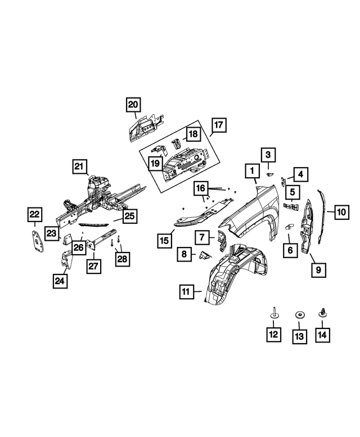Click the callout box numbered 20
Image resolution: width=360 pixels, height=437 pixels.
point(133,105)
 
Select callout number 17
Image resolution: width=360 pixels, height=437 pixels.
point(218,125)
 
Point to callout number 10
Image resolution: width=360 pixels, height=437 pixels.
point(341,212)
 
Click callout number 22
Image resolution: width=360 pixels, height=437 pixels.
point(35,214)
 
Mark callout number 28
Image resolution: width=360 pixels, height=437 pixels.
point(122,258)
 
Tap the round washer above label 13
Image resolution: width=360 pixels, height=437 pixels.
point(299,316)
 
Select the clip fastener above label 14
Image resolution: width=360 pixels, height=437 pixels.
point(322,313)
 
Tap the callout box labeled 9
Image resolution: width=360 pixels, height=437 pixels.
point(318,271)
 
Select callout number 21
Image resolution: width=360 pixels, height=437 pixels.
point(79,166)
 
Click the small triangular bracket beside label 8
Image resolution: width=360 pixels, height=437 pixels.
point(203,256)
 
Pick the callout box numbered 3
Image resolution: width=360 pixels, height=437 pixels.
point(268,155)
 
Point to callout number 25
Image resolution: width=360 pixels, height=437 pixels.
point(130,215)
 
